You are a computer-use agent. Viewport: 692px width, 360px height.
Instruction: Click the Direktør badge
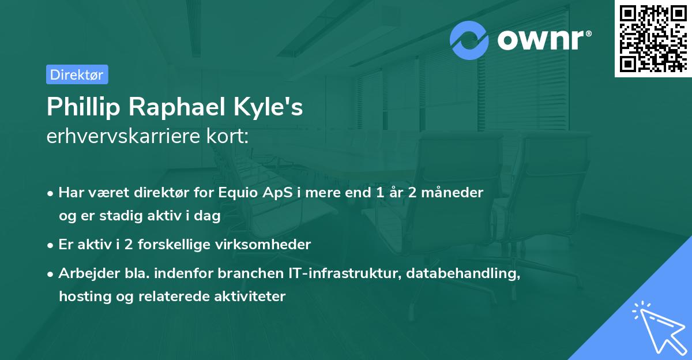click(77, 74)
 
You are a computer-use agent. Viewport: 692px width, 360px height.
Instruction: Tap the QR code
click(653, 39)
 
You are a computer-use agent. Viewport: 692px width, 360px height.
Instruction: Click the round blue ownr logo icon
click(470, 39)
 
